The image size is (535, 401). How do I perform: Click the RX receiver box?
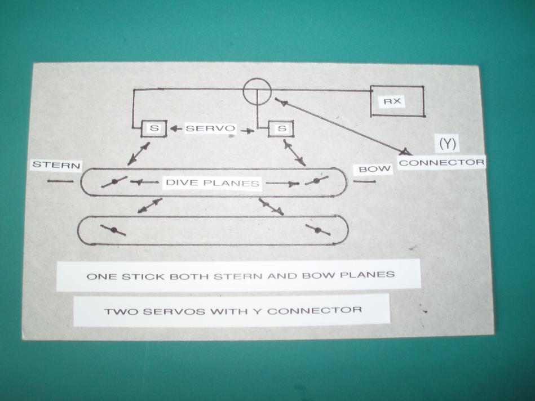397,101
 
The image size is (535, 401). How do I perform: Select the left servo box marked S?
156,128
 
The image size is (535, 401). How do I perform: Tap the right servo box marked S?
281,129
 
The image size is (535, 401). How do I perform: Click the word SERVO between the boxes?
210,128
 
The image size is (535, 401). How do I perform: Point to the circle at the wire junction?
257,91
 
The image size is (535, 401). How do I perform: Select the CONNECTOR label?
441,162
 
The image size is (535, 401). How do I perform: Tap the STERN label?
56,165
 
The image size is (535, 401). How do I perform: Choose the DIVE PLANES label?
212,182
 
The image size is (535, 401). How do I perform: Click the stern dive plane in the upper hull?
114,181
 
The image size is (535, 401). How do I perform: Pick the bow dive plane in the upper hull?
316,181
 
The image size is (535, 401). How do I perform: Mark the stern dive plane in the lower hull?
113,230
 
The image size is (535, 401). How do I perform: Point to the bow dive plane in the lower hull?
318,230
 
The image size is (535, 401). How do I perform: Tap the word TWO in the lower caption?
118,310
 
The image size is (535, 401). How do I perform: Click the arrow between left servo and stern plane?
139,153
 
